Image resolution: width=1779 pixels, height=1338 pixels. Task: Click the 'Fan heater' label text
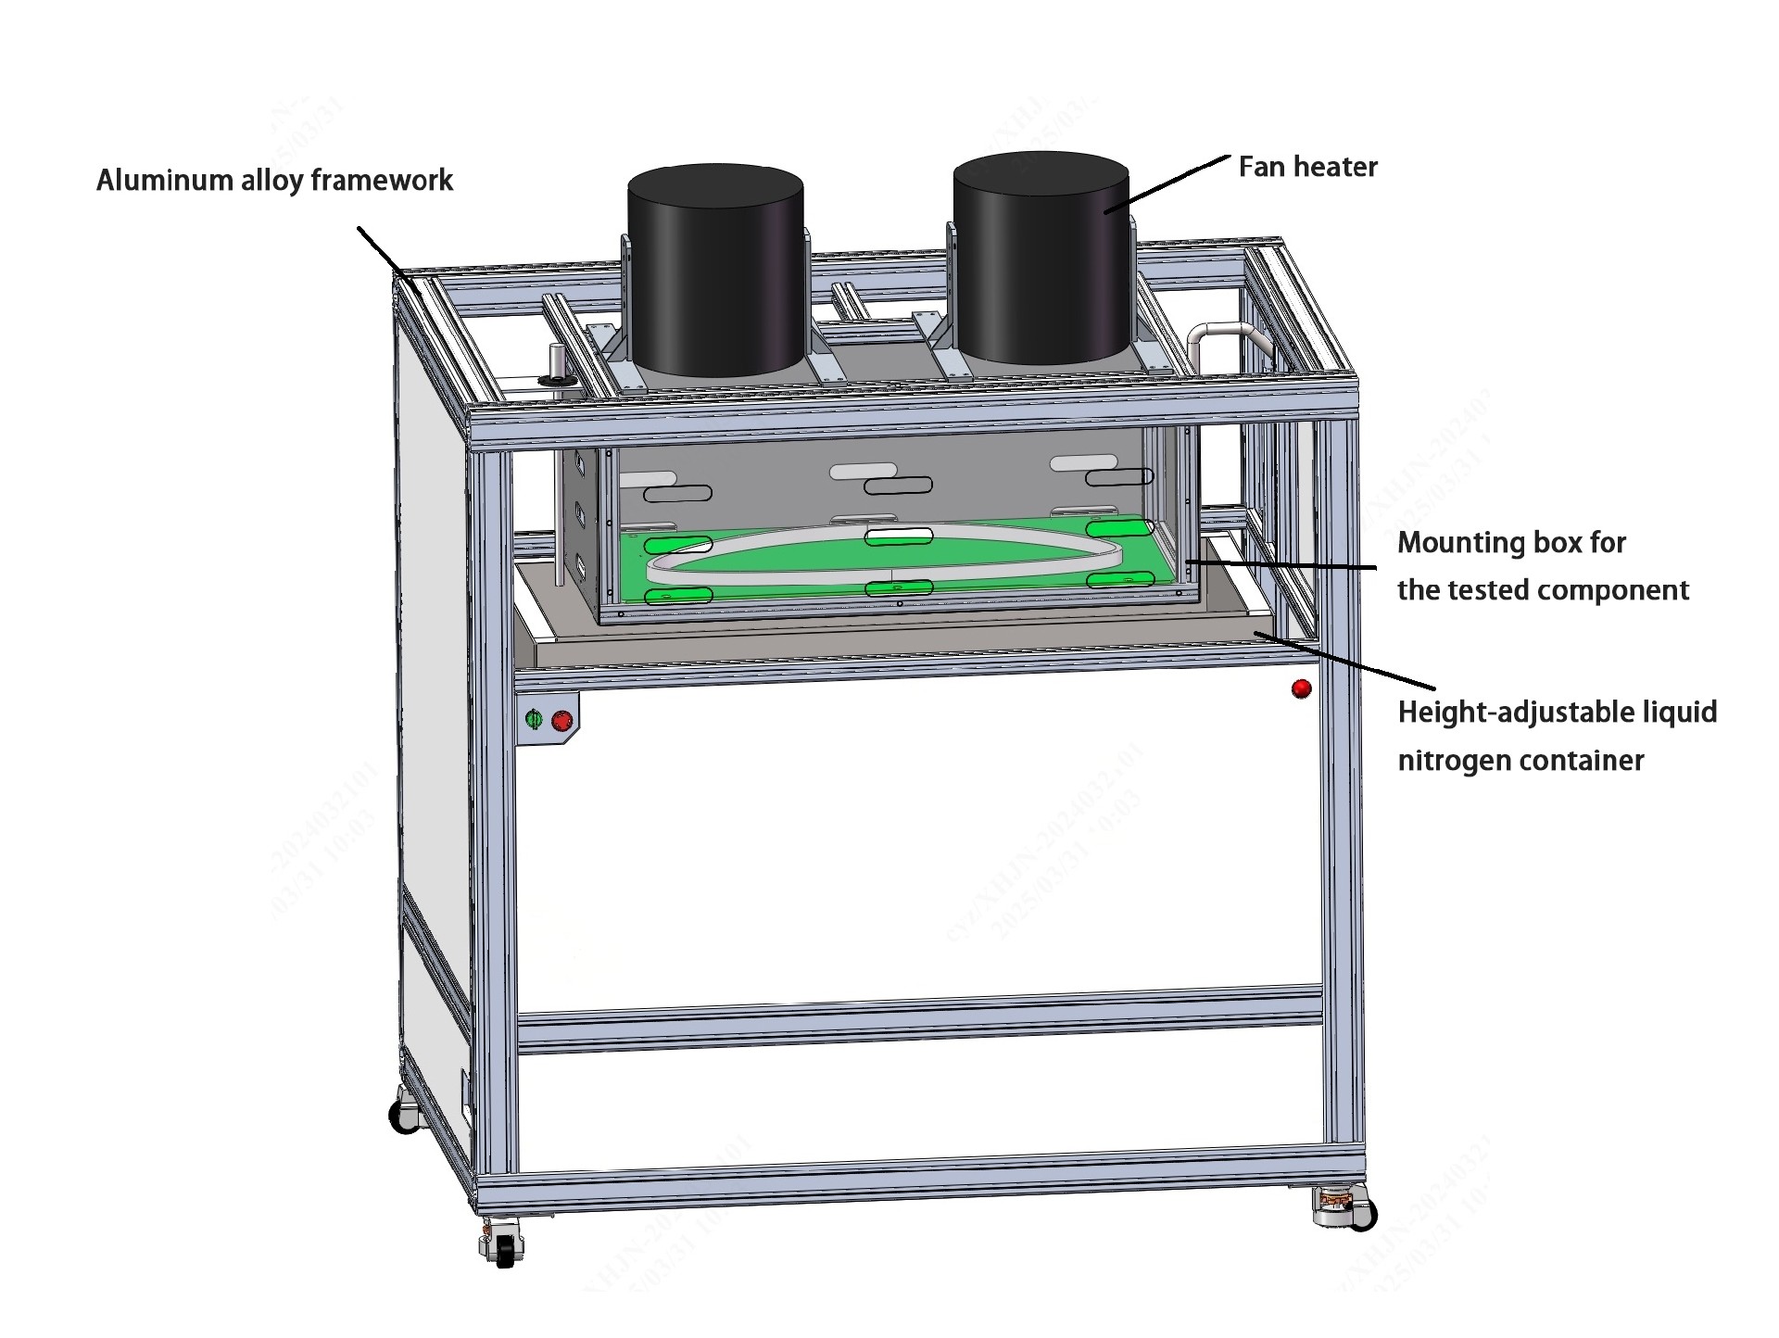click(1307, 168)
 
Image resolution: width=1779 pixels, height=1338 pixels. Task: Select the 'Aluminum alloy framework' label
click(274, 181)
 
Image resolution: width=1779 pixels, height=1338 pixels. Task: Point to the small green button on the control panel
click(534, 719)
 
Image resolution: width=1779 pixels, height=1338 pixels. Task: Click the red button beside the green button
click(561, 721)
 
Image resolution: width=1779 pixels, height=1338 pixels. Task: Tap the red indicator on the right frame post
click(1301, 688)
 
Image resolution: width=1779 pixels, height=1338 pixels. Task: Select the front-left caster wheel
click(503, 1246)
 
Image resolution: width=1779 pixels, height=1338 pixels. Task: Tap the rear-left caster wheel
click(405, 1116)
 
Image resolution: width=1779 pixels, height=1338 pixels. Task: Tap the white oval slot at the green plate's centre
click(898, 536)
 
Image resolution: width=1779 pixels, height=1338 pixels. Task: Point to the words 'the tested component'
click(1543, 591)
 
